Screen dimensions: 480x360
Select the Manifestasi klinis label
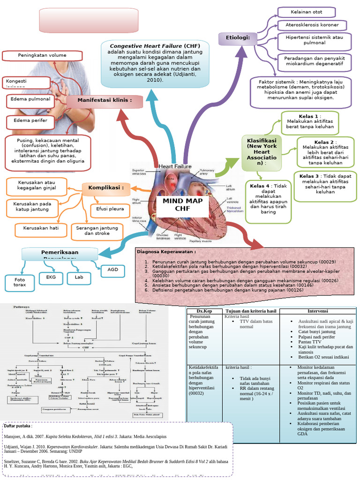[x=104, y=100]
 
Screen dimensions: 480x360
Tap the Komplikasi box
[x=105, y=188]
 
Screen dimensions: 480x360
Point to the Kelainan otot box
[x=306, y=12]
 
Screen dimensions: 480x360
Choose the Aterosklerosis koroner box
[x=312, y=25]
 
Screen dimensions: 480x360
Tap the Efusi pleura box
[x=107, y=209]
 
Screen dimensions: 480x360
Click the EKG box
[x=51, y=277]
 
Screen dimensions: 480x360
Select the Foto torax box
[x=20, y=282]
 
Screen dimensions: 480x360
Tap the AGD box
[x=113, y=270]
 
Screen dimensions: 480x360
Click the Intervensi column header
[x=317, y=311]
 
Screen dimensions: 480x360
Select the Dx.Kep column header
[x=205, y=311]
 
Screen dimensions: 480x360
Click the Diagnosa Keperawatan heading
[x=163, y=252]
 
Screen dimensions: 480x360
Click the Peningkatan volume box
[x=42, y=56]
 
